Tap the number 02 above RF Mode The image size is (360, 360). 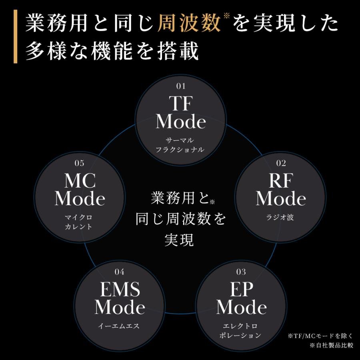[281, 163]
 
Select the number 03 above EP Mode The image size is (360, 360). [241, 272]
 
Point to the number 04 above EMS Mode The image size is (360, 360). [119, 272]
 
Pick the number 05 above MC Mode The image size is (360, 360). [79, 163]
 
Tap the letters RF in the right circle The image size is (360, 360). [281, 181]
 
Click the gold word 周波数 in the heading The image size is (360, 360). [189, 24]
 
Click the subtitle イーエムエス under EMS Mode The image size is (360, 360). [120, 326]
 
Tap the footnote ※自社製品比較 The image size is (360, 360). [331, 345]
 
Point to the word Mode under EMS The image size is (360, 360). [120, 307]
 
